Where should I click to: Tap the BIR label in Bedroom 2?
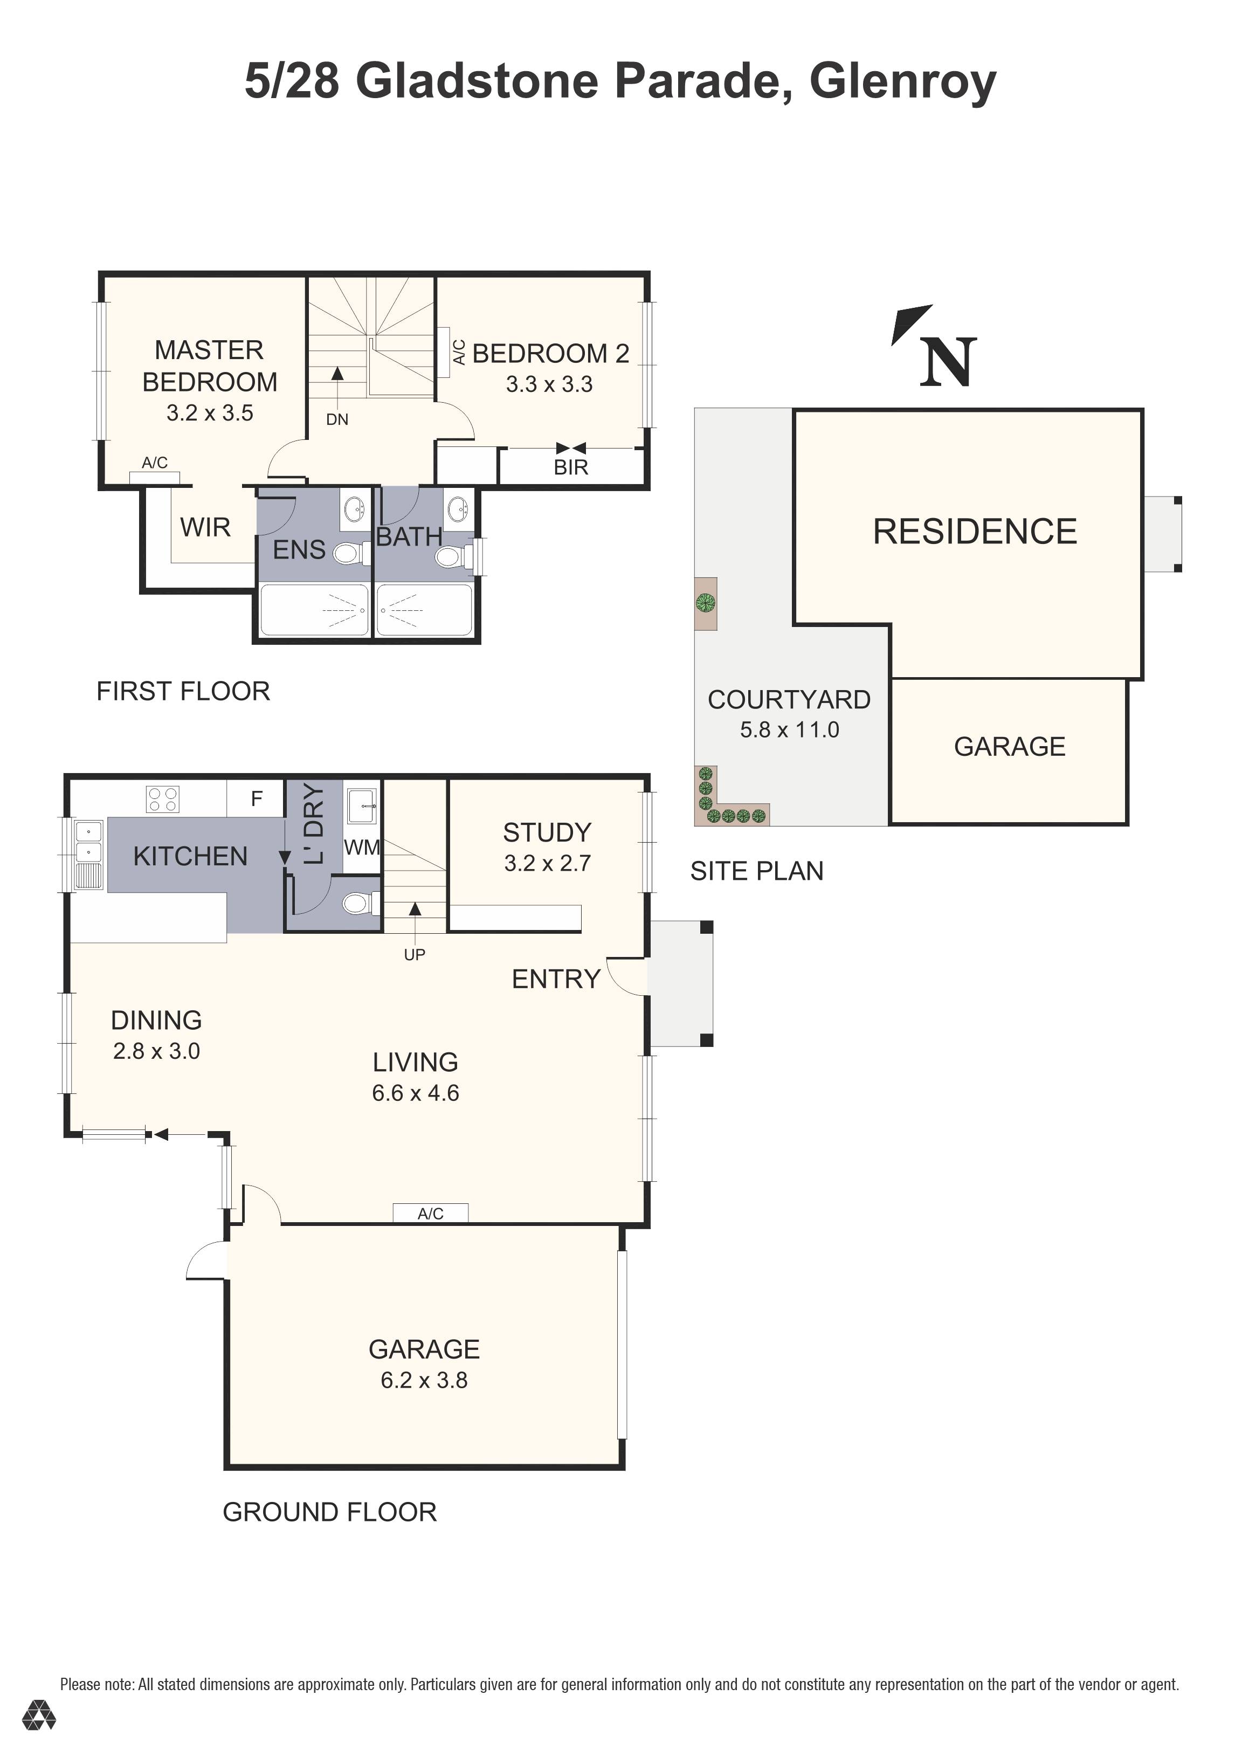571,467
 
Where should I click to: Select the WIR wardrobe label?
205,527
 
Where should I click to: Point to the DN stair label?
337,419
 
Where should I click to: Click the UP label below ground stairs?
415,955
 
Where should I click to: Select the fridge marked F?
257,799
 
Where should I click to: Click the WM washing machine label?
361,847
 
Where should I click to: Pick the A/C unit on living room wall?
430,1213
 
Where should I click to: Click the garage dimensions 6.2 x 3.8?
424,1381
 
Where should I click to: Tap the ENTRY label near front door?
556,979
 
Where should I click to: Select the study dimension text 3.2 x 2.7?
547,864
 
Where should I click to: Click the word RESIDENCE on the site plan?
975,532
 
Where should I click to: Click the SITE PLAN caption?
756,871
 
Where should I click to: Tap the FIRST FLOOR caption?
183,692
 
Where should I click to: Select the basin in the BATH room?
458,508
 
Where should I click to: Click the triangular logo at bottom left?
38,1737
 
